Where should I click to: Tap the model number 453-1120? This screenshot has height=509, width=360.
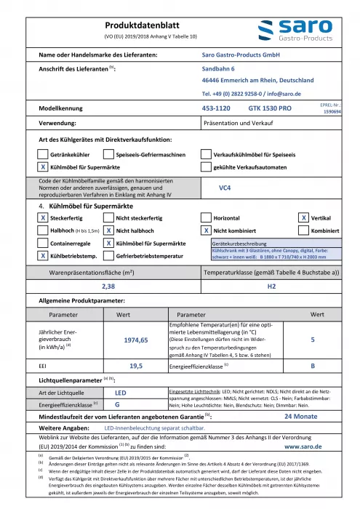[x=215, y=107]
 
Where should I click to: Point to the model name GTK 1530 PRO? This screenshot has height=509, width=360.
[x=270, y=107]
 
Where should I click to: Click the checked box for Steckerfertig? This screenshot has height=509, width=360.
[x=43, y=217]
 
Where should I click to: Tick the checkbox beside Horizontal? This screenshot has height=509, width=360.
[x=206, y=217]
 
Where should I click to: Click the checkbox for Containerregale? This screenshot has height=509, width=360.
[x=43, y=243]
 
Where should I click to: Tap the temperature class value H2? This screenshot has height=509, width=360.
[x=271, y=286]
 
